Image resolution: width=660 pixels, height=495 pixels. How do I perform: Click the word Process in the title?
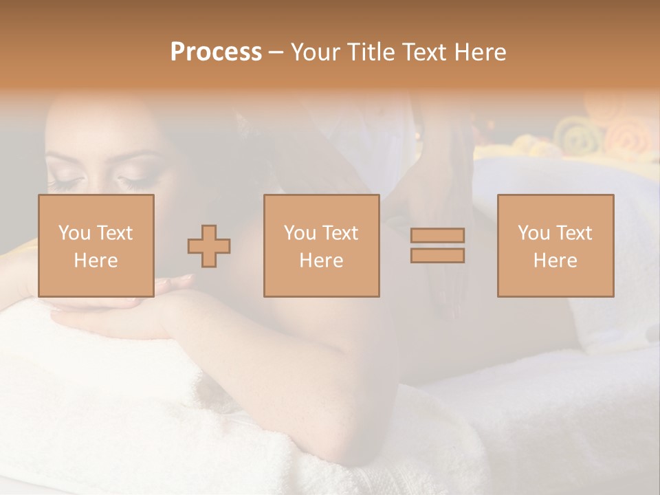(216, 52)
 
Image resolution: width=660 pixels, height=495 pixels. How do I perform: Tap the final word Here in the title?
(479, 52)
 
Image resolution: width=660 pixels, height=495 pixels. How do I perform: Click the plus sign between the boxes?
(209, 246)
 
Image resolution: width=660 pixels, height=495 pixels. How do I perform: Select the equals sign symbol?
(437, 245)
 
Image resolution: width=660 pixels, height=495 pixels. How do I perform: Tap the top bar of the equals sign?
(437, 236)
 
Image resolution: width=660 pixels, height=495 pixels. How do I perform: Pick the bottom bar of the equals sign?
(437, 255)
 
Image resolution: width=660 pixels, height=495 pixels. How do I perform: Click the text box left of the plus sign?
(96, 245)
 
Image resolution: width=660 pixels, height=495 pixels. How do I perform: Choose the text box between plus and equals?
(321, 245)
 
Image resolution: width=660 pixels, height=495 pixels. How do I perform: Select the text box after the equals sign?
(555, 245)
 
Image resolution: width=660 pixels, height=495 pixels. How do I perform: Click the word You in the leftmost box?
(74, 233)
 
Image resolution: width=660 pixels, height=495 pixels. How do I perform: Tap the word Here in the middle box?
(321, 261)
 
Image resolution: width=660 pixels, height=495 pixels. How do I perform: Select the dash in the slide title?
(276, 53)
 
